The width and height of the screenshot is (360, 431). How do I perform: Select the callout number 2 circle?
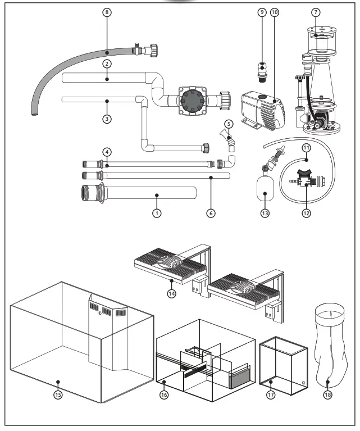(x=106, y=64)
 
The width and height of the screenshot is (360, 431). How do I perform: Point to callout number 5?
(x=227, y=123)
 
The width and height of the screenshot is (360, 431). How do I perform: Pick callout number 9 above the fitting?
(x=261, y=12)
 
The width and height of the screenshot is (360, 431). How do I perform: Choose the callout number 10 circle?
(x=274, y=12)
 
